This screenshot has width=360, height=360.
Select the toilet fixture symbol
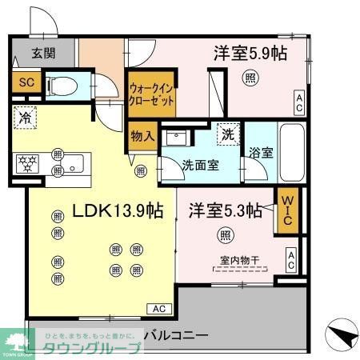tap(62, 83)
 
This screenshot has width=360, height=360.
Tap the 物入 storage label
tap(142, 136)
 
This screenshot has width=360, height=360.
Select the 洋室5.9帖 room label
tap(250, 54)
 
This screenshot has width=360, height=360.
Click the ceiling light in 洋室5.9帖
tap(250, 78)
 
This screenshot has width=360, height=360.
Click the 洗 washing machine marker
tap(227, 134)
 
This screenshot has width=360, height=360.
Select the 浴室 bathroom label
tap(260, 153)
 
